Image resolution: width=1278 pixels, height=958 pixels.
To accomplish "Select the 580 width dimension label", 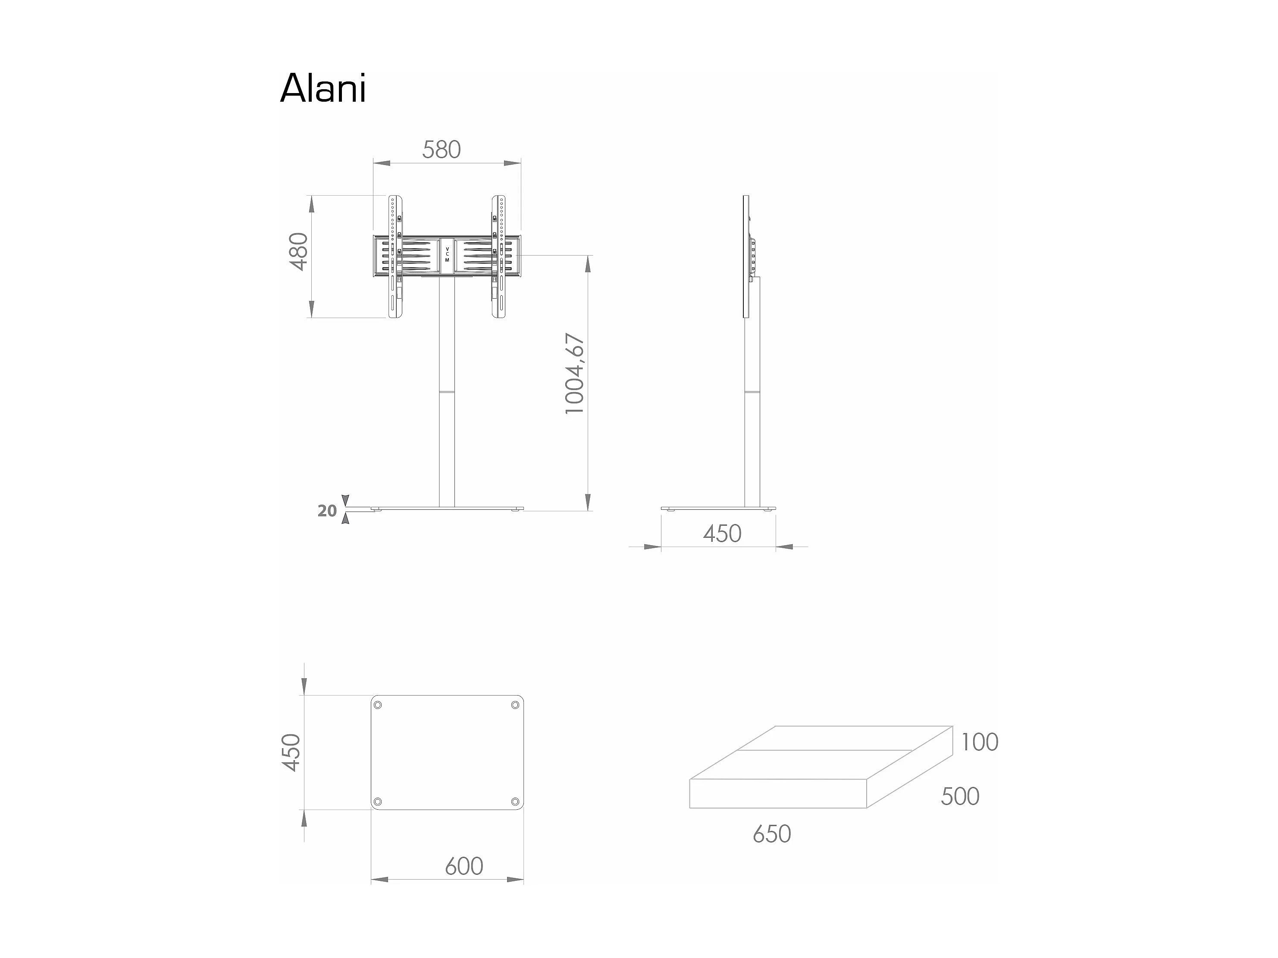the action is [442, 150].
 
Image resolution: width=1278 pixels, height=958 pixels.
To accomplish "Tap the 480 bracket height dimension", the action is [299, 251].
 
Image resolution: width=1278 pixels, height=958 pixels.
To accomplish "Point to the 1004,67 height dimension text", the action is [575, 374].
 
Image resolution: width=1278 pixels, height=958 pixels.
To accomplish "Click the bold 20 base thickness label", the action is [327, 511].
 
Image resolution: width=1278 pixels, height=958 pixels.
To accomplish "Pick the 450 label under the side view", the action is [722, 534].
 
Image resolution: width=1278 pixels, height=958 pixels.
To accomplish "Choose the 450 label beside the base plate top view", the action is [291, 752].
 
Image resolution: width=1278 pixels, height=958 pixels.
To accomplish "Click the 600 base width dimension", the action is [464, 866].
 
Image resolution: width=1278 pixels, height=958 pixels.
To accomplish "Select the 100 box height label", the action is [979, 743].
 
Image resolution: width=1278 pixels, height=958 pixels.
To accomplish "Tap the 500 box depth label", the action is [960, 797].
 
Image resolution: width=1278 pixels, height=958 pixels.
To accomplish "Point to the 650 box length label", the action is [771, 834].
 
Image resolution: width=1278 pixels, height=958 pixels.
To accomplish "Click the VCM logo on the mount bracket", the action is [447, 255].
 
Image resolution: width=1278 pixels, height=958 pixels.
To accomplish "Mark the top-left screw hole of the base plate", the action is [378, 705].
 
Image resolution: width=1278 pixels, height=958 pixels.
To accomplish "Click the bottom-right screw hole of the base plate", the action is [515, 801].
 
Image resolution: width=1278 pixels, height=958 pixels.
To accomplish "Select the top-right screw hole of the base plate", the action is [515, 705].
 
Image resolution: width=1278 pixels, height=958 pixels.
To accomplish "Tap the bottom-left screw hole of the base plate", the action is [378, 801].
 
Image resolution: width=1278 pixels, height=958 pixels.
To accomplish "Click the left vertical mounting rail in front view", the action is [395, 257].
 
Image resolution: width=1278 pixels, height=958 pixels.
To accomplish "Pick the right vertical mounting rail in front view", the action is [498, 257].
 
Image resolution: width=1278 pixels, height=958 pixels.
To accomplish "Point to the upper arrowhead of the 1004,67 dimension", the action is [588, 264].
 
